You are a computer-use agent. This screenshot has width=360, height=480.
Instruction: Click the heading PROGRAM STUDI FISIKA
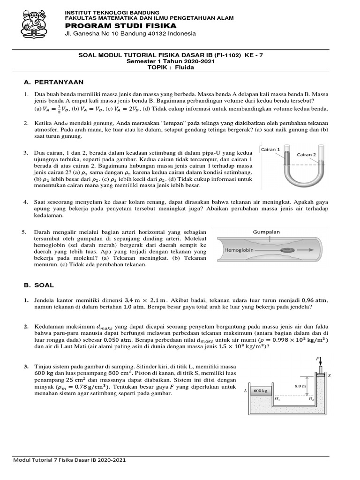click(x=120, y=25)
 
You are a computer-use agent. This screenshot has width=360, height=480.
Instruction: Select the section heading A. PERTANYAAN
click(x=53, y=82)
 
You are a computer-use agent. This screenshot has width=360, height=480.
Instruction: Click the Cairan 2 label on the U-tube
click(x=307, y=154)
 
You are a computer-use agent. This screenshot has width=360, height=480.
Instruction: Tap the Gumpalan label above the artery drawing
click(x=266, y=232)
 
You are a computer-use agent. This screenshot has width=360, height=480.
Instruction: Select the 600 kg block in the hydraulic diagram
click(x=260, y=390)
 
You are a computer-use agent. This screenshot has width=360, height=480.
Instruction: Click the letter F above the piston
click(x=317, y=359)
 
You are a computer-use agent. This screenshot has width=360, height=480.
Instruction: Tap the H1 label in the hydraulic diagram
click(x=277, y=398)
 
